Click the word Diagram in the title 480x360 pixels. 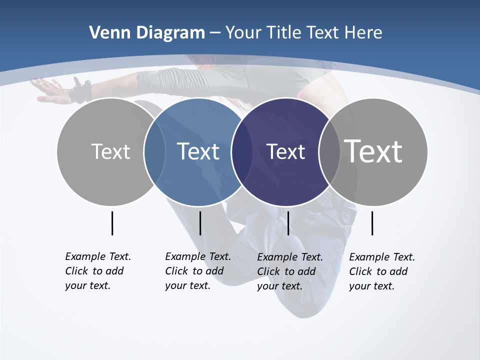170,33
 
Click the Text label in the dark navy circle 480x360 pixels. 285,151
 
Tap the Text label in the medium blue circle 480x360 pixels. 198,151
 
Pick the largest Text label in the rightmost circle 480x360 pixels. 373,151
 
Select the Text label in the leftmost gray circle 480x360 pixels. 110,151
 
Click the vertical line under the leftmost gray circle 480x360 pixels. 112,223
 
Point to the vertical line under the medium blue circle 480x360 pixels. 200,223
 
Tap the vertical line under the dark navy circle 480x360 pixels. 288,223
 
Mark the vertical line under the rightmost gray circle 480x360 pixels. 372,223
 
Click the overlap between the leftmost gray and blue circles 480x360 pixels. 154,151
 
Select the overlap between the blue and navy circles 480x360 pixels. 242,151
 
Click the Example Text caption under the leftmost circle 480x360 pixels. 97,271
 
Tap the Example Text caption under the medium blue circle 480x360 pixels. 197,271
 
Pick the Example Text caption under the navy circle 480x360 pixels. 289,271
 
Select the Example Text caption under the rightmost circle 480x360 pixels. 381,271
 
